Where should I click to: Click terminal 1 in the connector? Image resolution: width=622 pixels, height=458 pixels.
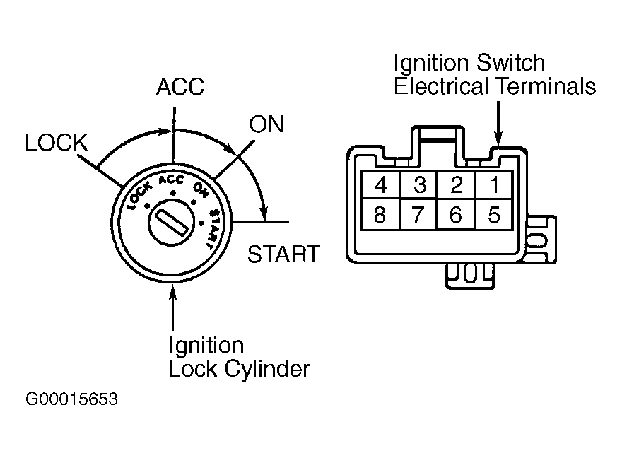(494, 184)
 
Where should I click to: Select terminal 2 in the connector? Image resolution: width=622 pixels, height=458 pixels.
(456, 184)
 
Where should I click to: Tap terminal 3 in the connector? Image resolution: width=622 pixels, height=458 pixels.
(419, 184)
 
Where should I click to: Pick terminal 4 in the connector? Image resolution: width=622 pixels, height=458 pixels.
(381, 184)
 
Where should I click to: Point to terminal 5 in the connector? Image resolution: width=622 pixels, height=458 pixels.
(494, 214)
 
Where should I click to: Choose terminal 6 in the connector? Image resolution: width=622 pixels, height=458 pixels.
(456, 214)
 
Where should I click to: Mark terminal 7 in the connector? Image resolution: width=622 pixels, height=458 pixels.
(419, 214)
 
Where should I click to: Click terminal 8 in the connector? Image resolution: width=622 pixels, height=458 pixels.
(381, 214)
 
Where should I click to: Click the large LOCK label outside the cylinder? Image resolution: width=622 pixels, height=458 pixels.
(56, 142)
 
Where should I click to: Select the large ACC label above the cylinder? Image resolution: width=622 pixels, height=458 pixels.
(180, 87)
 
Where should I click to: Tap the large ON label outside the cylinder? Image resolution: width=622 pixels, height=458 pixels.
(266, 124)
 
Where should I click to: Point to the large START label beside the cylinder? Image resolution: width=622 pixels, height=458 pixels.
(283, 254)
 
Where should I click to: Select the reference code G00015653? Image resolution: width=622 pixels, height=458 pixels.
(72, 399)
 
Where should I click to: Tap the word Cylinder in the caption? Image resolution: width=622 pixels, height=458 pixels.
(267, 369)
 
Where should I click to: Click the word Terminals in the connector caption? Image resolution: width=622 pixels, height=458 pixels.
(546, 86)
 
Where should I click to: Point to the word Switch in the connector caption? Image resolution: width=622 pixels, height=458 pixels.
(510, 63)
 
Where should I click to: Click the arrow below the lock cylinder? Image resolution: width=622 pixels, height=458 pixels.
(172, 307)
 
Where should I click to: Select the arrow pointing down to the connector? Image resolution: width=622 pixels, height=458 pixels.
(498, 124)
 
